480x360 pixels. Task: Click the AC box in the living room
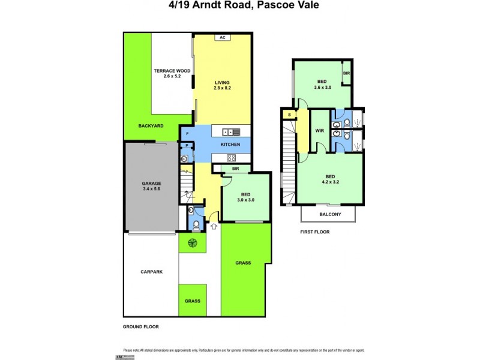click(222, 37)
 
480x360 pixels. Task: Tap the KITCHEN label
click(230, 145)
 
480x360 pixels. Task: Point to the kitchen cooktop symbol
click(231, 158)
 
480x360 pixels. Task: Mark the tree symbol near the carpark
click(193, 243)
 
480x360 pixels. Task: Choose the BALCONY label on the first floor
click(330, 215)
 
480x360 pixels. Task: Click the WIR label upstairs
click(320, 130)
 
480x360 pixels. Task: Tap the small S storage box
click(289, 114)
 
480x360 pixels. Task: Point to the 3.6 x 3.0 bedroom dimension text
click(322, 87)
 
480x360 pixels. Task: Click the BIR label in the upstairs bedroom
click(347, 73)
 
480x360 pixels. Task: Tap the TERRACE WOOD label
click(172, 71)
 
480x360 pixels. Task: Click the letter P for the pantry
click(187, 145)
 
